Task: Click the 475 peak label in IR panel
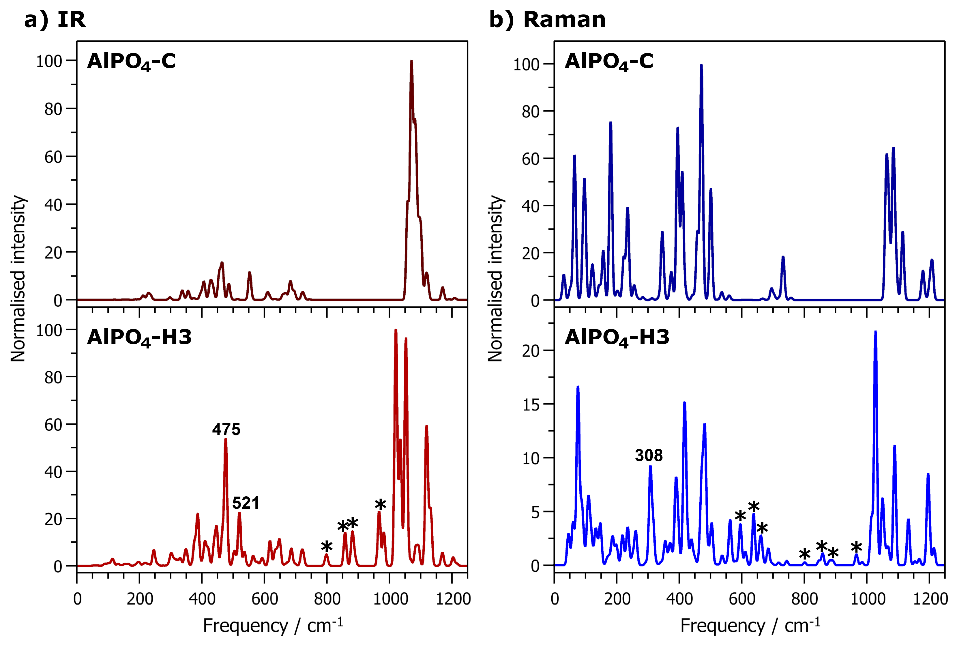[x=226, y=429]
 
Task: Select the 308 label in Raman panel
[x=649, y=455]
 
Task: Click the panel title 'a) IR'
[x=55, y=19]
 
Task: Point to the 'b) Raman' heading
[x=547, y=19]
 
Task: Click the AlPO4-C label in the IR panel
[x=131, y=61]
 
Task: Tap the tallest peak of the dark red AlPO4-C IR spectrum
[x=411, y=62]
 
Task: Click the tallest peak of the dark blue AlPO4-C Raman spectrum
[x=701, y=65]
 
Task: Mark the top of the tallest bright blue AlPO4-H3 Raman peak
[x=875, y=332]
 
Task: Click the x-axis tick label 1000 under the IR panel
[x=390, y=599]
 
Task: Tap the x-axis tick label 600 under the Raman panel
[x=742, y=599]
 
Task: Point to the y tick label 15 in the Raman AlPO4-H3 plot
[x=531, y=405]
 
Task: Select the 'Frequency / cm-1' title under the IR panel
[x=273, y=626]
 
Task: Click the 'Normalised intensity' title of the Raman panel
[x=495, y=278]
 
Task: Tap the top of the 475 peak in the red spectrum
[x=225, y=439]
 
